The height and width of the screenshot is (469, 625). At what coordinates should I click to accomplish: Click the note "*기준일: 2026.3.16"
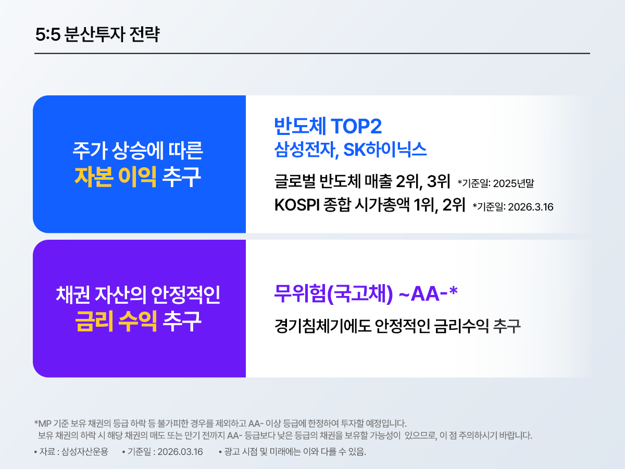click(512, 207)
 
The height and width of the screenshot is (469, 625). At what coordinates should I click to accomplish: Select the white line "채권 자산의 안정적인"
click(138, 295)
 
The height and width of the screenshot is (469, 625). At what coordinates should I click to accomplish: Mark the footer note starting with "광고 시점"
click(295, 451)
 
